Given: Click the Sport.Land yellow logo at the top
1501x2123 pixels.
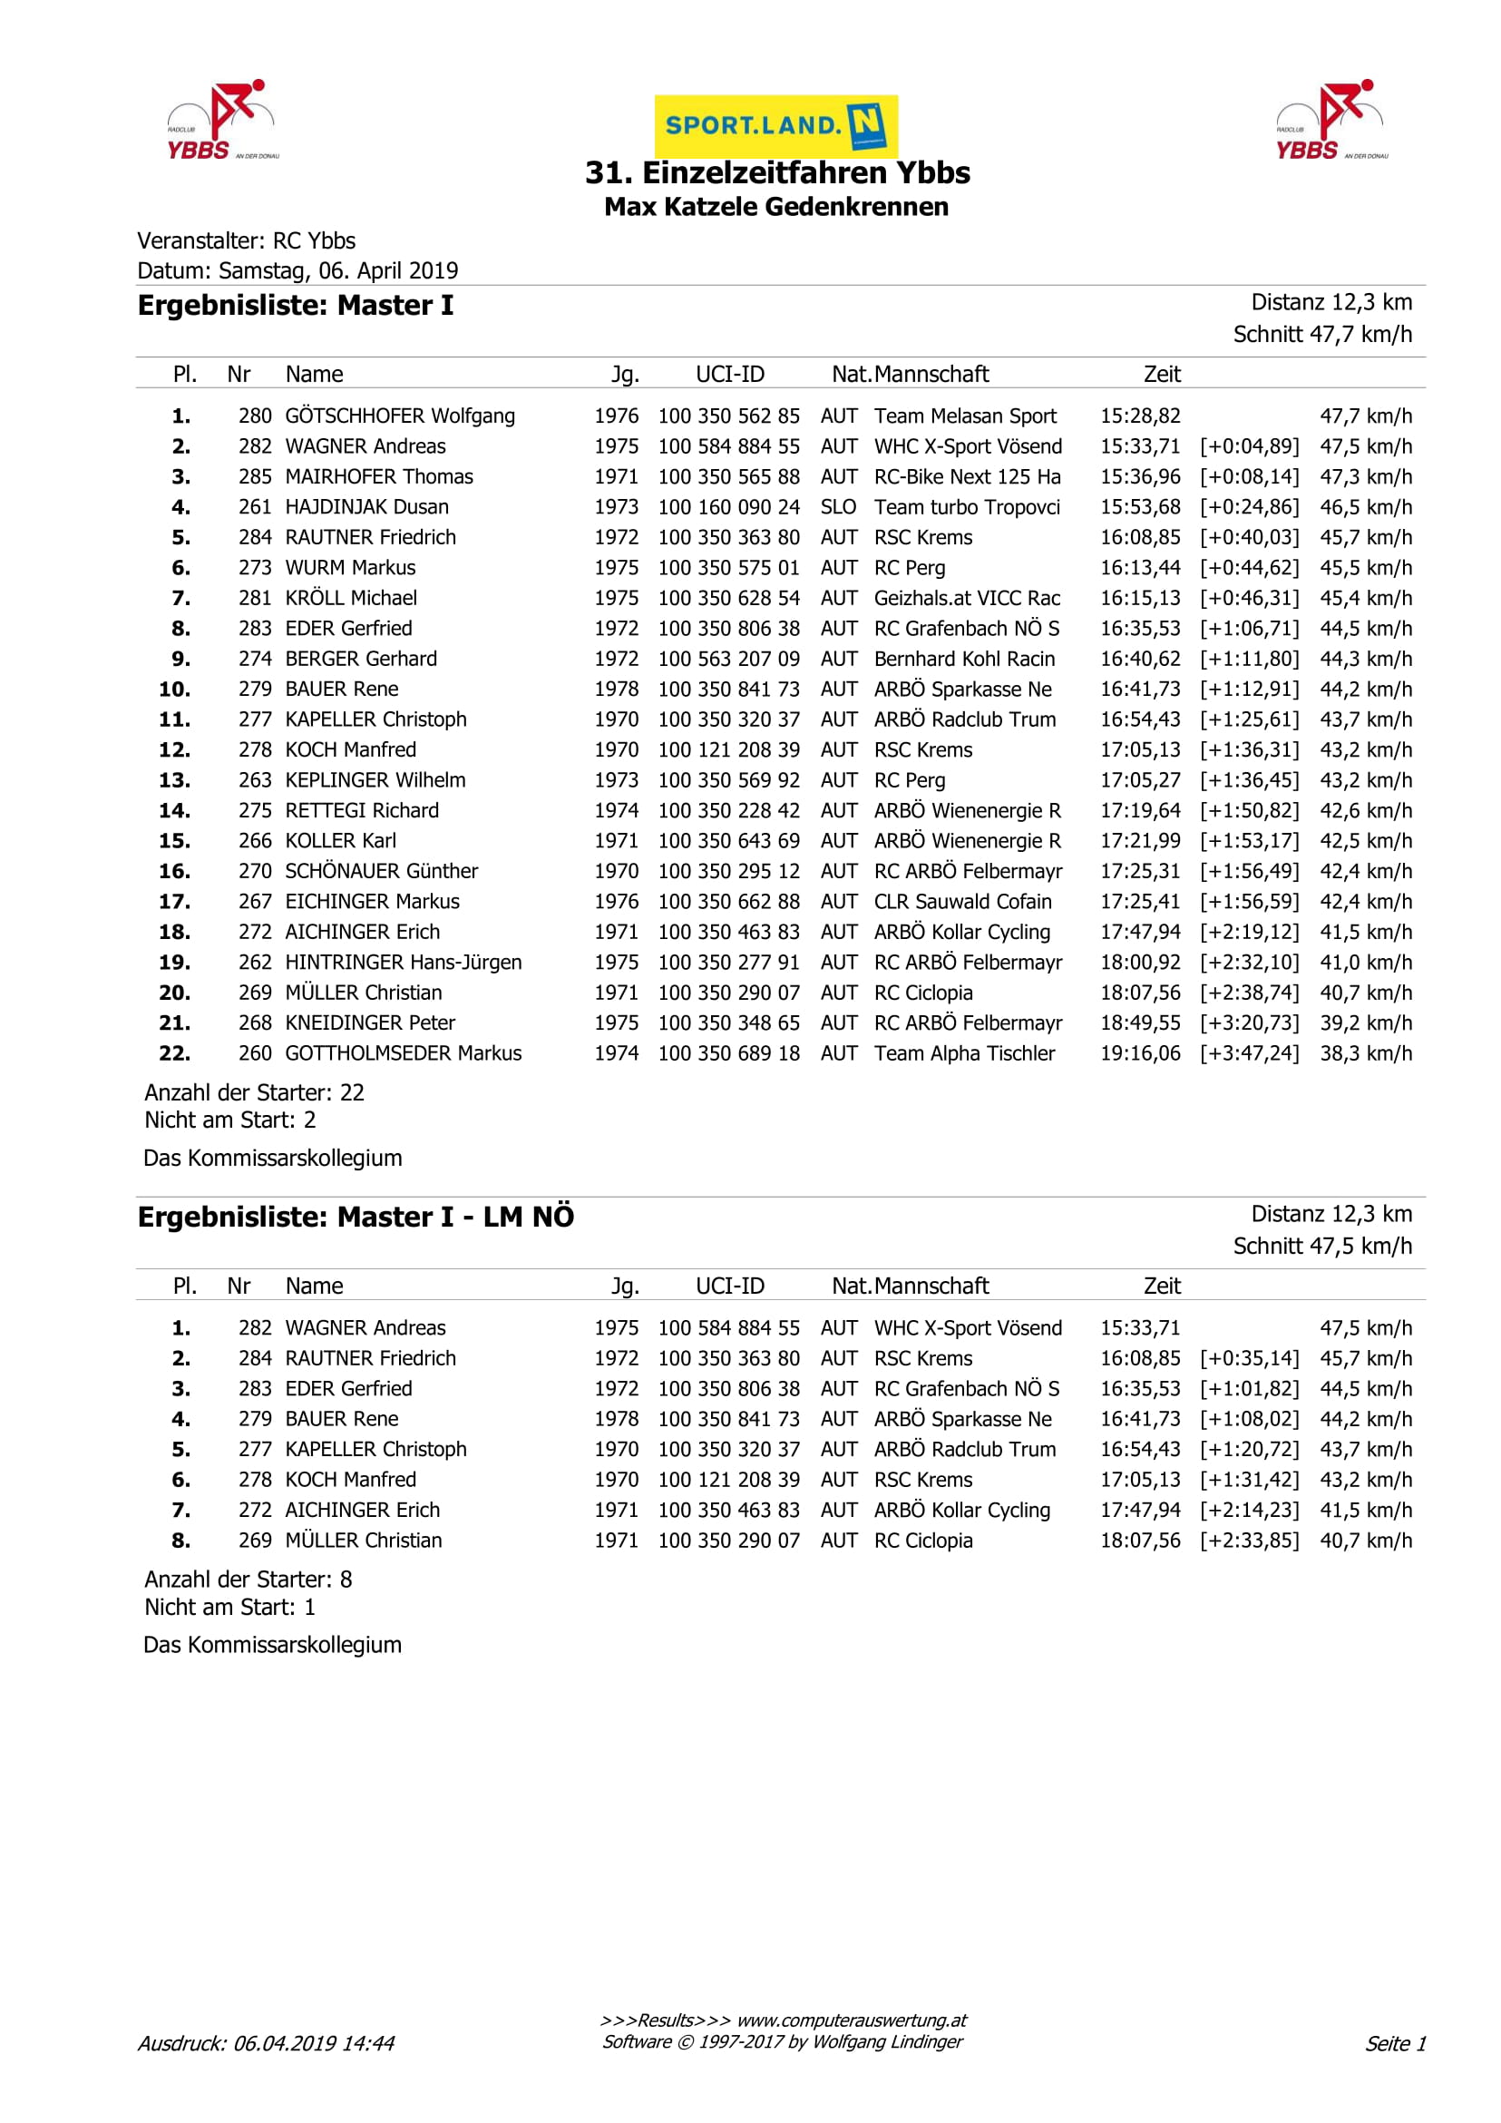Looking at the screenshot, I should pos(775,125).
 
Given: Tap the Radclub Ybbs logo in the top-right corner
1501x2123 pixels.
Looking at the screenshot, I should pos(1330,120).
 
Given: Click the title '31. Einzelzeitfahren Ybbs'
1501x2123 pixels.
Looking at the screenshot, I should pos(777,173).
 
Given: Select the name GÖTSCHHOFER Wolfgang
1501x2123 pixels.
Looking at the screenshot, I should pos(399,416).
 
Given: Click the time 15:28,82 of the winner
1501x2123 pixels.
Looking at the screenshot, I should pos(1140,416).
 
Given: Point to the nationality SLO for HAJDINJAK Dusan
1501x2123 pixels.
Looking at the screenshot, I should pos(838,507).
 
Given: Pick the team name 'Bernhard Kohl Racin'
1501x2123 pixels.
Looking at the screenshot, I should pos(964,659).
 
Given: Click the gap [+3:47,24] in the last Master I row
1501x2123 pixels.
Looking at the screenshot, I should pos(1249,1053).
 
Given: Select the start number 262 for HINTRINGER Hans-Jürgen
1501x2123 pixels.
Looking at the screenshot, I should pos(255,963).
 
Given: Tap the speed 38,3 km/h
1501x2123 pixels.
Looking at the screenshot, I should pos(1365,1053).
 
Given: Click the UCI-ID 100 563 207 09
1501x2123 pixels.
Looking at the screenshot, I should pos(728,659).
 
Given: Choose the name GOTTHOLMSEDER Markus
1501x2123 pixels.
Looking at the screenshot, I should pos(403,1053).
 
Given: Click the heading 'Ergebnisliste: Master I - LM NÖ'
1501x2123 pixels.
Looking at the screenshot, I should pos(356,1217).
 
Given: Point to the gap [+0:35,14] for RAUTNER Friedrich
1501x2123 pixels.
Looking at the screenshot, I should pos(1249,1358).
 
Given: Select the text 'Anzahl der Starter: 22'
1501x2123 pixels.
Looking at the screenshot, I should pos(254,1092).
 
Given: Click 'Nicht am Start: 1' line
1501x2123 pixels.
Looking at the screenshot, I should pos(230,1607).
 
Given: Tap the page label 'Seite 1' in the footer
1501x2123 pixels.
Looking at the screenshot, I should pos(1396,2043).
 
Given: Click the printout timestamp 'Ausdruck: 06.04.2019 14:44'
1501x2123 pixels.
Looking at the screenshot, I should pos(266,2043).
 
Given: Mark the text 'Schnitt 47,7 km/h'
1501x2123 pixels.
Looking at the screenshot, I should pos(1321,334).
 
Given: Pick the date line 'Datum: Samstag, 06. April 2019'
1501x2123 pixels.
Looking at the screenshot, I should pos(297,270).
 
